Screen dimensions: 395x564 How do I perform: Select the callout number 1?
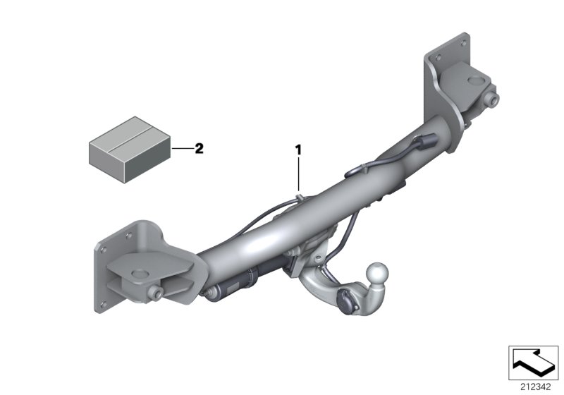click(x=298, y=149)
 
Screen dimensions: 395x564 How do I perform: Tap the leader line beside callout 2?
click(x=182, y=149)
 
